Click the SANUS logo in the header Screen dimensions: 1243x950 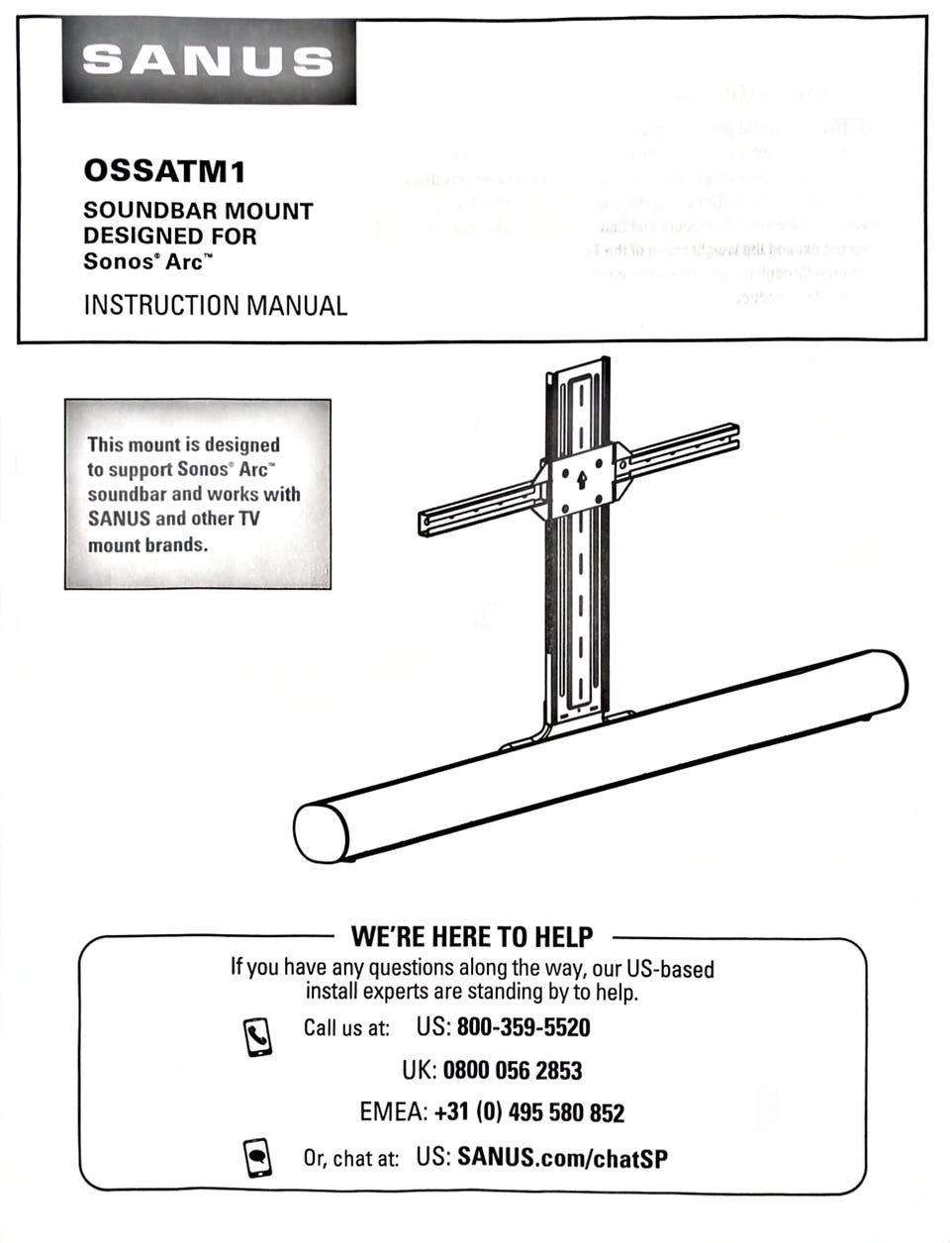(x=208, y=61)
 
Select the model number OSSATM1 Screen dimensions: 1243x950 (x=164, y=171)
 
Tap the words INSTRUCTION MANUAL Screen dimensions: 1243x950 (x=215, y=305)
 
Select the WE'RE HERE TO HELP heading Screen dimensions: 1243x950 (x=472, y=936)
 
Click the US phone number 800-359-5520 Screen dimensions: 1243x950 (x=522, y=1027)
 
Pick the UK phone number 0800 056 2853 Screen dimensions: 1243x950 (x=512, y=1070)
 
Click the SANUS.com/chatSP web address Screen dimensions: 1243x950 (x=562, y=1157)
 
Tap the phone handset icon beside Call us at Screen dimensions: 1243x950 (x=257, y=1036)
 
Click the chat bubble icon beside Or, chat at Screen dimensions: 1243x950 (x=257, y=1158)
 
